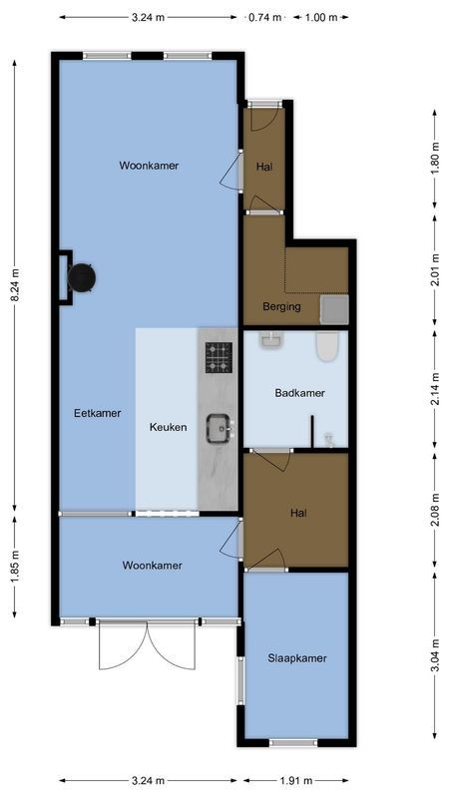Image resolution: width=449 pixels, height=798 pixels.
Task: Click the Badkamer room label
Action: pos(299,393)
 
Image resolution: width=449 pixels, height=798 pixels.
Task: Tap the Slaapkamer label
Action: pos(296,658)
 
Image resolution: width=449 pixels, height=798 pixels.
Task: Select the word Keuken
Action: pos(168,427)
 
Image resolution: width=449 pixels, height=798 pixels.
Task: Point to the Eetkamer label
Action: pos(97,412)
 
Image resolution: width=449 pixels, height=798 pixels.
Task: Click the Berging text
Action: pos(281,306)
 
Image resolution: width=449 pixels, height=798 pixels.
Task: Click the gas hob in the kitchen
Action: pos(219,356)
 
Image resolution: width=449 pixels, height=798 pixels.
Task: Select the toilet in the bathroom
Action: pos(326,347)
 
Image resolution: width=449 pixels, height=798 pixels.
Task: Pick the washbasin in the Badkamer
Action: pos(270,341)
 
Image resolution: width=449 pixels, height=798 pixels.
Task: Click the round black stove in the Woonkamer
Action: pos(81,276)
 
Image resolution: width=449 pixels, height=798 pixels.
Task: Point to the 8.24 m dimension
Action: pos(14,283)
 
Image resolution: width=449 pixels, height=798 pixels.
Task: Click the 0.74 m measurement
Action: pos(264,17)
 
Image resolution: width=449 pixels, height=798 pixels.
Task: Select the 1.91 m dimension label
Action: pos(295,781)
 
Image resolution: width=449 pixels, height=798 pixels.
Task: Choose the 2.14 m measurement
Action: pos(435,392)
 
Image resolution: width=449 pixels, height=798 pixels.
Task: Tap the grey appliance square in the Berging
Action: pos(334,310)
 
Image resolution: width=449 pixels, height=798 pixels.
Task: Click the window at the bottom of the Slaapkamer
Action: pos(294,742)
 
